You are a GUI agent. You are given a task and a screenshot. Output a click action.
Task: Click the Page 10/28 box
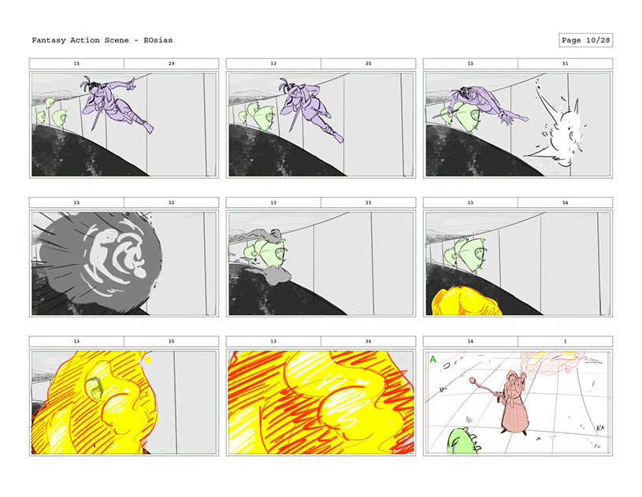click(x=585, y=40)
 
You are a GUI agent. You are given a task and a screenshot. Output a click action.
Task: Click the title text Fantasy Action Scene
click(x=80, y=40)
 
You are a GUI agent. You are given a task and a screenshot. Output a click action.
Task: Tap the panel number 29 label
click(x=171, y=64)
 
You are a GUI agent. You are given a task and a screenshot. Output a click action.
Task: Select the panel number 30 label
click(x=368, y=64)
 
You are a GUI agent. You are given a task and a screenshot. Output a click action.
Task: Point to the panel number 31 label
click(x=565, y=64)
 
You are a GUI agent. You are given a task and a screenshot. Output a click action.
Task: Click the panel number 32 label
click(x=171, y=202)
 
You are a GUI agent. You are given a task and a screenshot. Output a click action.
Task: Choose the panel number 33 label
click(x=368, y=202)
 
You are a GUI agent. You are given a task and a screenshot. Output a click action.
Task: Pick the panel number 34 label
click(x=565, y=202)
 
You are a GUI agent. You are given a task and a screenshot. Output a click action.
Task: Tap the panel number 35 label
click(x=171, y=341)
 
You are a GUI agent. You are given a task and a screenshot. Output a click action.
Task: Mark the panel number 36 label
click(x=368, y=341)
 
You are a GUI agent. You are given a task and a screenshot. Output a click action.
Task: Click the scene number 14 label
click(x=470, y=341)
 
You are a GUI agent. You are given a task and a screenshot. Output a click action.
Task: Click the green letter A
click(x=432, y=359)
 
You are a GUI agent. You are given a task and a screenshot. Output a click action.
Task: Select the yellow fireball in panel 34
click(x=467, y=301)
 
